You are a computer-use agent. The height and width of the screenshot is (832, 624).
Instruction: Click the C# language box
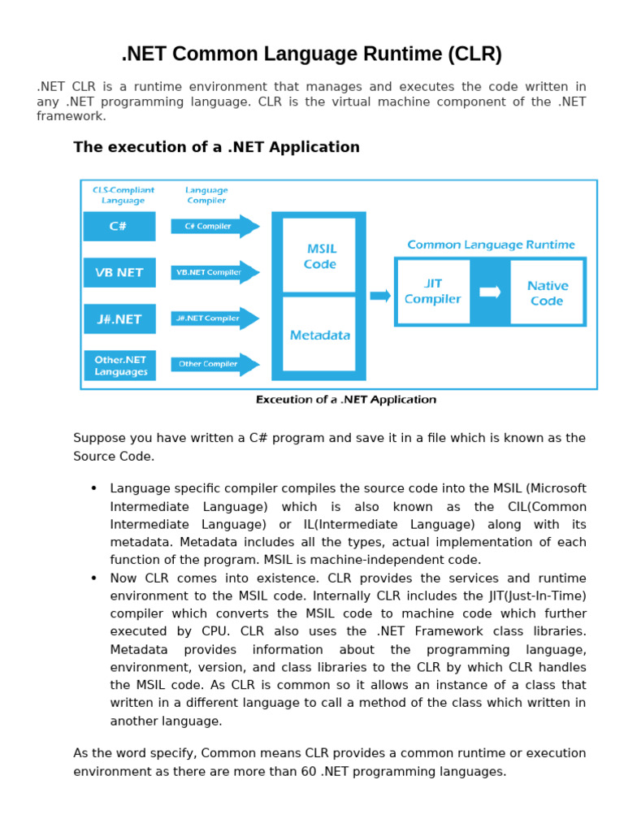pos(119,226)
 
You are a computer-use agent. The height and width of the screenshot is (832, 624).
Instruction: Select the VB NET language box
pos(119,272)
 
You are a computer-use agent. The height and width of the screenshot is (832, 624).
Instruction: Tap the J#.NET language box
pos(119,318)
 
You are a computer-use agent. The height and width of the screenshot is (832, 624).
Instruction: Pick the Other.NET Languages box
pos(119,365)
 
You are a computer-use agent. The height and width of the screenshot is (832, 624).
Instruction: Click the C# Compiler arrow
pos(214,226)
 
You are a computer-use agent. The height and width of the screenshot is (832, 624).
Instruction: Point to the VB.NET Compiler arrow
pos(214,272)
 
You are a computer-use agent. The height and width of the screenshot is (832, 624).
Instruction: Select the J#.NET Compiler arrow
pos(214,318)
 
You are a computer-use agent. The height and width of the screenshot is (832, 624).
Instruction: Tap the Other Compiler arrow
pos(214,364)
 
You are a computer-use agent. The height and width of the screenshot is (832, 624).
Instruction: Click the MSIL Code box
pos(319,255)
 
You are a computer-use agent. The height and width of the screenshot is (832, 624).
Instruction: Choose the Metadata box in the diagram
pos(319,335)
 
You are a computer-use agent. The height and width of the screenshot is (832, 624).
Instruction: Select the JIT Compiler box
pos(432,292)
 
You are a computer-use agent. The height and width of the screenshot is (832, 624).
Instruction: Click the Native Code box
pos(547,292)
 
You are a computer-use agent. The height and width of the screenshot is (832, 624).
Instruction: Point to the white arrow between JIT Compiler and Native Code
pos(490,292)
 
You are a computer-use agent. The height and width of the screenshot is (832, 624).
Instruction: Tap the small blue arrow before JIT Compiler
pos(380,295)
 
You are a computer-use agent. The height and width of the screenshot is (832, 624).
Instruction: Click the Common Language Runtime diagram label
pos(491,244)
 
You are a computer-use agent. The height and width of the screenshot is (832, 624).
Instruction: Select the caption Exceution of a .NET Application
pos(346,399)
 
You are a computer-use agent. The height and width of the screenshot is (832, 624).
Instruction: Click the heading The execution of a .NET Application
pos(216,147)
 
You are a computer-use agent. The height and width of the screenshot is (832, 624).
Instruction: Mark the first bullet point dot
pos(93,487)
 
